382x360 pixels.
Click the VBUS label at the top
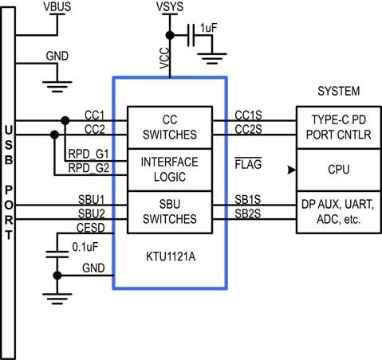point(56,8)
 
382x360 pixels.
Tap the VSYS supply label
point(170,8)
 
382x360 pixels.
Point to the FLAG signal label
point(250,164)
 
